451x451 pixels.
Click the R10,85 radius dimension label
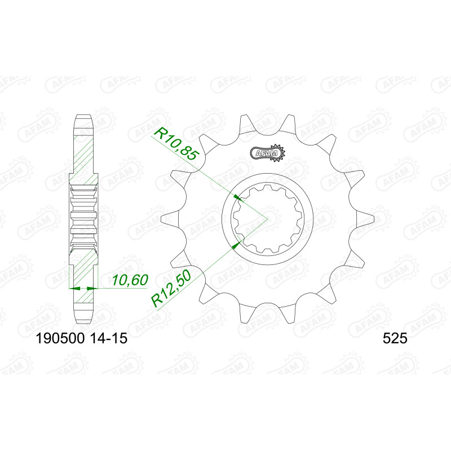(176, 144)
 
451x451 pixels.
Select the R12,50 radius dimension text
(171, 289)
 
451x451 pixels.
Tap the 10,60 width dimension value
(130, 280)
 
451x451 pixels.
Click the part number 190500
(60, 338)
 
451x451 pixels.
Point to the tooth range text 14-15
(108, 338)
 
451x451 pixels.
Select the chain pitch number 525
(395, 338)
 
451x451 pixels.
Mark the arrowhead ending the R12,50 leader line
(236, 245)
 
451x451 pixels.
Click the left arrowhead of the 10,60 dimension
(74, 288)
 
